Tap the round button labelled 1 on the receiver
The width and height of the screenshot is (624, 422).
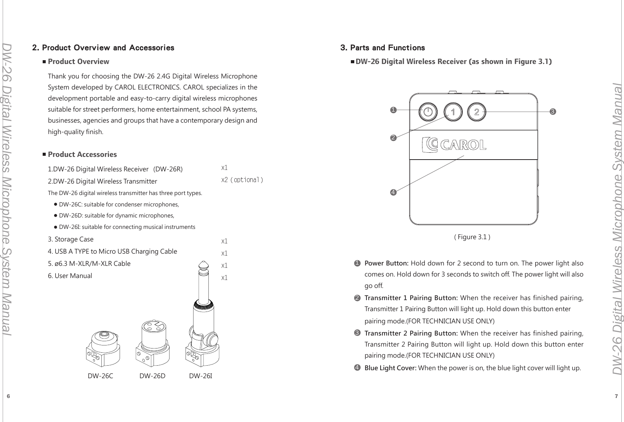(x=453, y=112)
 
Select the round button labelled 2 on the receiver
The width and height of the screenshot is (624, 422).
(x=477, y=112)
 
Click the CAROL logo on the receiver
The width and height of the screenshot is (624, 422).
(x=454, y=145)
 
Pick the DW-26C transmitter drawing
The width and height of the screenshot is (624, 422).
(x=103, y=348)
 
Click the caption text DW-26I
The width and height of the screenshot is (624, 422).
(x=200, y=376)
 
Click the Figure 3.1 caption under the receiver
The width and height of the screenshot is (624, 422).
(x=472, y=237)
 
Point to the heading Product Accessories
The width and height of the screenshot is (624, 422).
(x=82, y=154)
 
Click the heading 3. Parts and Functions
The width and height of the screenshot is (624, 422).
(x=382, y=48)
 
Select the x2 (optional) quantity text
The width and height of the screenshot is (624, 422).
(x=242, y=180)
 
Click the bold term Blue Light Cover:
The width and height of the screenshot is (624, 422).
(x=390, y=368)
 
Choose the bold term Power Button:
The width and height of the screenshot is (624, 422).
(x=387, y=263)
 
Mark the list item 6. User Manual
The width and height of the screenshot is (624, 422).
(x=70, y=276)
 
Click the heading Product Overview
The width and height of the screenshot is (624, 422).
(x=78, y=62)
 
